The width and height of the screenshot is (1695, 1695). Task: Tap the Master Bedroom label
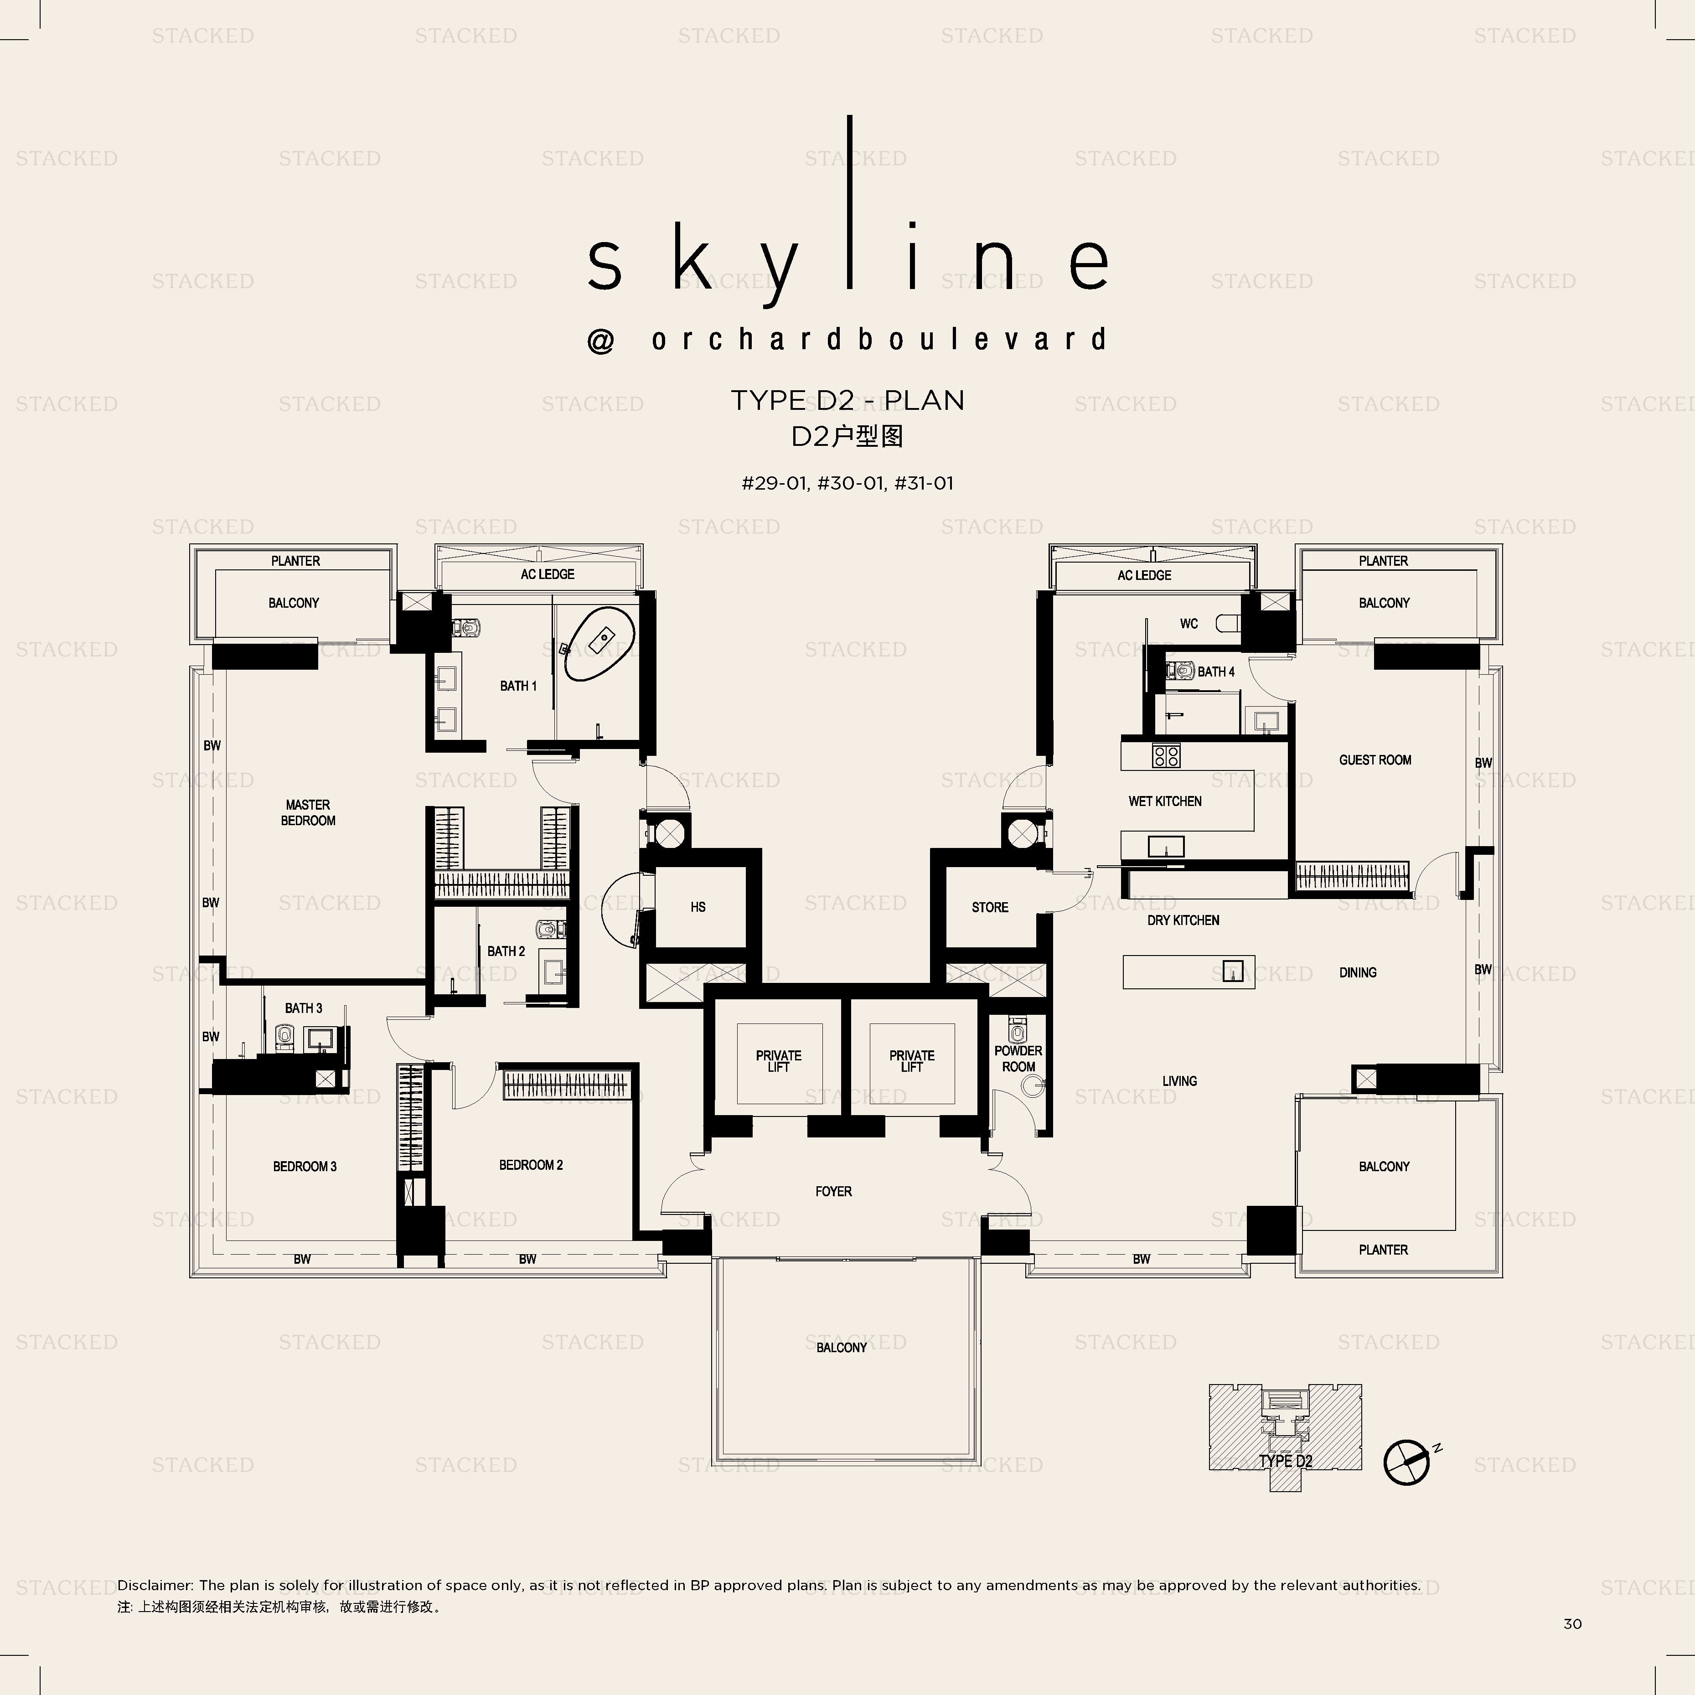pos(308,812)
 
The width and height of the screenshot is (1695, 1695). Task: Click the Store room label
pos(990,907)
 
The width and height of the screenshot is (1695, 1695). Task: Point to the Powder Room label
pos(1018,1059)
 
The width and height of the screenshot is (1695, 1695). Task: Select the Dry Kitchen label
pos(1183,920)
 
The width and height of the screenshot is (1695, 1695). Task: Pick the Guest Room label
pos(1375,760)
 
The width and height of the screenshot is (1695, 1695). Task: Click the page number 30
pos(1572,1624)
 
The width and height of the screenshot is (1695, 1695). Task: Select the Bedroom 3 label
pos(305,1166)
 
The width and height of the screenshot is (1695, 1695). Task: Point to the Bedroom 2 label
pos(531,1165)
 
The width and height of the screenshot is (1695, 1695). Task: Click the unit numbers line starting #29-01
pos(847,483)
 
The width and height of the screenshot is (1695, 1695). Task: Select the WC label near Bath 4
pos(1189,624)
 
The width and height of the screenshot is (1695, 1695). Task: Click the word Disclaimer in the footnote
pos(155,1585)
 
